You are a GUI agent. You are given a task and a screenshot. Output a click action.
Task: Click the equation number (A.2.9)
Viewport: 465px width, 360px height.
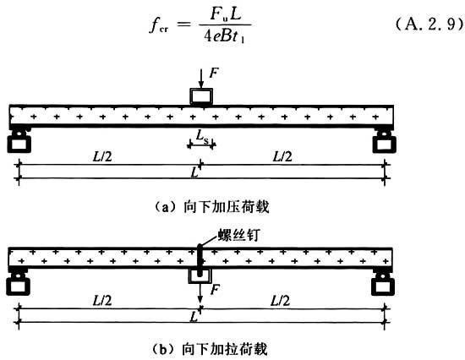point(429,24)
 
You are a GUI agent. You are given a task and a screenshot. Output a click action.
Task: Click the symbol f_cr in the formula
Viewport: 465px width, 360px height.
point(159,25)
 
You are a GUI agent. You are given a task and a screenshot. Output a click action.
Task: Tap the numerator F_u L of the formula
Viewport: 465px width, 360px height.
point(226,14)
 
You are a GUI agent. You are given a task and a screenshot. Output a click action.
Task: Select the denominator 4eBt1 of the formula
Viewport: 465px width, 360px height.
point(225,35)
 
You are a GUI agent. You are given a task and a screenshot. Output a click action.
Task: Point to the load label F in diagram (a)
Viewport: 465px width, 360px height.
point(214,73)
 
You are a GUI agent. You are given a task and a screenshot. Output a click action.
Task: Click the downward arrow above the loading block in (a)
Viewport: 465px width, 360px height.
point(201,79)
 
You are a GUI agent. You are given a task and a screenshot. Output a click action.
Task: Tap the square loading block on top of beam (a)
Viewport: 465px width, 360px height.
point(201,96)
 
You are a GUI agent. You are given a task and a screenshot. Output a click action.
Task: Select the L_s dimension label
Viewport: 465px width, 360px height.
point(202,136)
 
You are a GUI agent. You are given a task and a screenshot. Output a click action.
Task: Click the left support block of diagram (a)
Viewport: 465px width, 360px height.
point(19,142)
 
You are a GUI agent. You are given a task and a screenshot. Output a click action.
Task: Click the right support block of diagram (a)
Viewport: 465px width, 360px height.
point(384,142)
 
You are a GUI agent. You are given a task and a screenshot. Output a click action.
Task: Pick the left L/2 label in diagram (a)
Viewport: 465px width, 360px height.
point(102,156)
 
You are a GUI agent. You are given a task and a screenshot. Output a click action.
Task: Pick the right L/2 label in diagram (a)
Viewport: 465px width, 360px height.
point(282,156)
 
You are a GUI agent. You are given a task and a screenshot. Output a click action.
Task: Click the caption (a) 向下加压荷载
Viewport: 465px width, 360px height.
point(211,207)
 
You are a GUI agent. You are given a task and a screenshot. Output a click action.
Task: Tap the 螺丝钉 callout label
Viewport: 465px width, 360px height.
point(238,235)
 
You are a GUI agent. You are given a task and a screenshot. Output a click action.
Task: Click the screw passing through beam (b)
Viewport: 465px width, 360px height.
point(200,259)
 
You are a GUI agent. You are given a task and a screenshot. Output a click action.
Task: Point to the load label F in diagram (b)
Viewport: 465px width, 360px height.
point(215,289)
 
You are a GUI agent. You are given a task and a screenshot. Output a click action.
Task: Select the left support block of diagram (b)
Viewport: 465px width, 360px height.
point(18,285)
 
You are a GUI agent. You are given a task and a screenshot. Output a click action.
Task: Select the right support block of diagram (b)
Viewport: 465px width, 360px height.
point(383,285)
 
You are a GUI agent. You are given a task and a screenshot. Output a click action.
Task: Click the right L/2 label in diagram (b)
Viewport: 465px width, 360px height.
point(280,301)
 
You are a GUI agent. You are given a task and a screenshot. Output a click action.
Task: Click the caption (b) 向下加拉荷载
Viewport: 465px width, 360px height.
point(210,349)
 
